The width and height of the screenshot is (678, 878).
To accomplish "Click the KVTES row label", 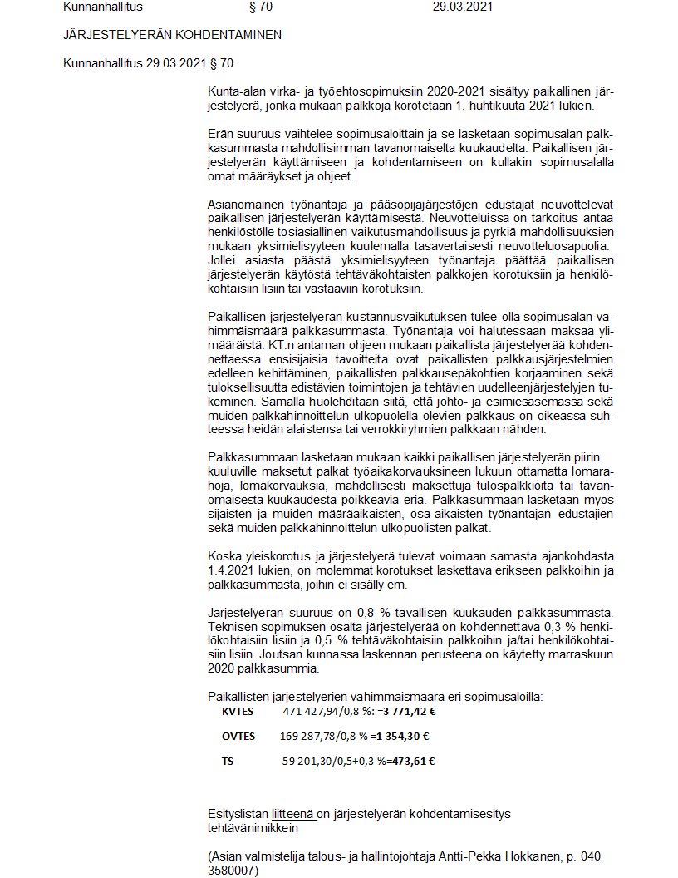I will [238, 712].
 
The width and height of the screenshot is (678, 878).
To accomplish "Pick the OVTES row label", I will [238, 736].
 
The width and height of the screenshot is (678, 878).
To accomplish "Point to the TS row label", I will [228, 760].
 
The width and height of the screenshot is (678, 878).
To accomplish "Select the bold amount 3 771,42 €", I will [414, 712].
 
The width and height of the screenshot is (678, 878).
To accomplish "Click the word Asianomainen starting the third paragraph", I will [245, 205].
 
